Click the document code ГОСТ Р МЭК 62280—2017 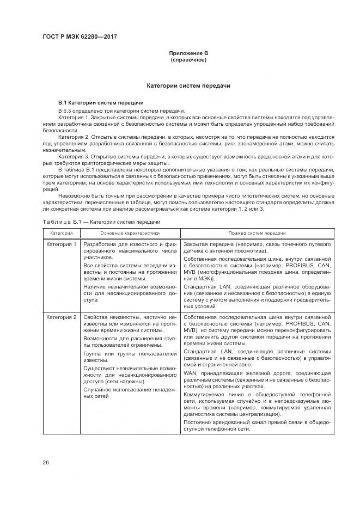click(x=79, y=37)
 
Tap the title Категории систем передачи click(x=188, y=86)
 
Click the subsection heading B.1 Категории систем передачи click(x=101, y=102)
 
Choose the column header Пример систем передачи click(x=257, y=232)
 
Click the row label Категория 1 click(x=62, y=244)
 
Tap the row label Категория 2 click(x=62, y=316)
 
